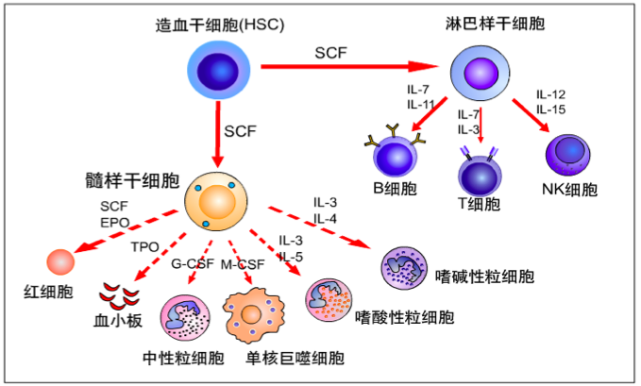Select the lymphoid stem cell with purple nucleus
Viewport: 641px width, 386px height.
tap(481, 74)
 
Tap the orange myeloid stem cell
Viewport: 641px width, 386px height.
tap(216, 201)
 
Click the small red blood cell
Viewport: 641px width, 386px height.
tap(61, 262)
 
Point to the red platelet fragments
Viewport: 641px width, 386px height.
tap(119, 296)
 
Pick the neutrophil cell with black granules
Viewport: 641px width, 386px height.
tap(185, 318)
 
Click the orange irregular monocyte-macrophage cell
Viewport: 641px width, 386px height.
tap(253, 315)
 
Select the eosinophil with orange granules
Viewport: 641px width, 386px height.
tap(329, 300)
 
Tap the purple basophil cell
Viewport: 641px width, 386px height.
tap(404, 268)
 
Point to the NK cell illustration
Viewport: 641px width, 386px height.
tap(568, 156)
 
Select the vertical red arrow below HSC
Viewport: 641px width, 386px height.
tap(218, 134)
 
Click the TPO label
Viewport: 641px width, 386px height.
tap(144, 247)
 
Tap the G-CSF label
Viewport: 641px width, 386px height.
tap(193, 263)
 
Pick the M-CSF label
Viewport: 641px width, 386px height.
tap(243, 264)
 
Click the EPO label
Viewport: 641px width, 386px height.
tap(115, 223)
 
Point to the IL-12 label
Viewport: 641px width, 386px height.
tap(550, 94)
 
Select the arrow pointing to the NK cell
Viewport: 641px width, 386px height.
tap(531, 115)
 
